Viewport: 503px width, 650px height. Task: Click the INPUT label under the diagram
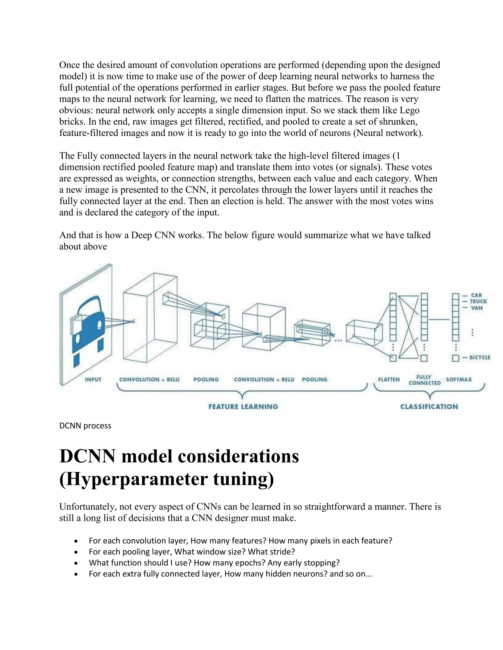pos(93,379)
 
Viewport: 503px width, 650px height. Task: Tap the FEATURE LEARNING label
pos(243,406)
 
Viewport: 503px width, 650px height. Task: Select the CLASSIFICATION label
pos(429,406)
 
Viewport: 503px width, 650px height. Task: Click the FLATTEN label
pos(389,379)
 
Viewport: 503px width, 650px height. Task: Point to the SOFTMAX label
pos(459,379)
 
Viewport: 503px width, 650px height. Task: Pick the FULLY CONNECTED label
pos(424,380)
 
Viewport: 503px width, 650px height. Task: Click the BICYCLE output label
pos(479,357)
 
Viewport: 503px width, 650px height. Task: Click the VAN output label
pos(476,308)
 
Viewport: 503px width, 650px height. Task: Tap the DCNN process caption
pos(85,426)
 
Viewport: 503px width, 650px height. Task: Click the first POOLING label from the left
pos(206,379)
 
